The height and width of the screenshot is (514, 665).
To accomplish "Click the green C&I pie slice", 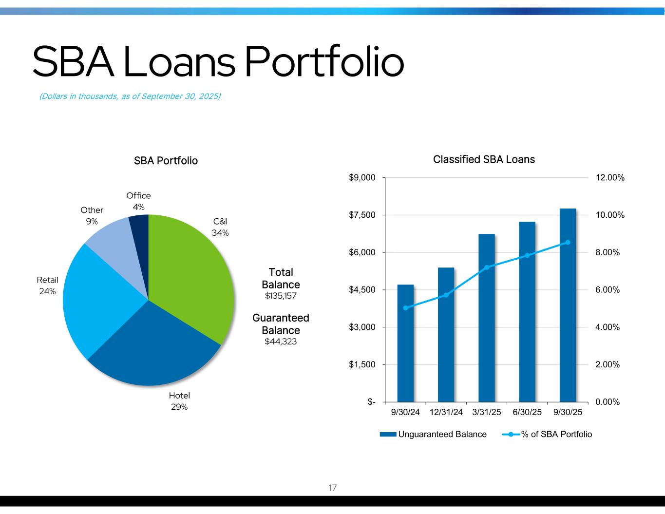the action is (x=190, y=275).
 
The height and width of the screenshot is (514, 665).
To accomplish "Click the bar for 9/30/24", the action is (x=405, y=343).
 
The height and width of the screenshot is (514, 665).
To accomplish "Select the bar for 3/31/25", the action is (x=487, y=318).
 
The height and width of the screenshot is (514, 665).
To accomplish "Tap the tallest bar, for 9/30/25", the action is (x=568, y=305).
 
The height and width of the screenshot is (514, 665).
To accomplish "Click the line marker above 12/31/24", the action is (x=446, y=295).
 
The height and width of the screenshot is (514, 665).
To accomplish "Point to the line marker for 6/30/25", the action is (x=527, y=255).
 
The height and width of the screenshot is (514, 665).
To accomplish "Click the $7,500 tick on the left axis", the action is (x=362, y=215).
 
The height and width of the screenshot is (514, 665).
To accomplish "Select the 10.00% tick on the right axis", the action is (x=610, y=215).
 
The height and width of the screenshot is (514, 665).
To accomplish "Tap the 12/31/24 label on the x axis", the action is (x=446, y=412).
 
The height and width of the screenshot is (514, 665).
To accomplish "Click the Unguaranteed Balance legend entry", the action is (x=433, y=434).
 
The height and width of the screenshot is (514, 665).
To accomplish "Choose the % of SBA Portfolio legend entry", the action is (x=547, y=434).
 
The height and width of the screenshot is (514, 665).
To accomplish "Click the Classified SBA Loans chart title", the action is (x=484, y=159).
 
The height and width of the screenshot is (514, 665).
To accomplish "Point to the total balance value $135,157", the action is (x=281, y=296).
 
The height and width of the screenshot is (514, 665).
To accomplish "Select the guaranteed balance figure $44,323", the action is (x=281, y=342).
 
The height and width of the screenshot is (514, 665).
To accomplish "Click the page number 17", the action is (x=332, y=487).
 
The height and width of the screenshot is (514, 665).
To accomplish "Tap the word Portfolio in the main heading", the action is (x=324, y=61).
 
